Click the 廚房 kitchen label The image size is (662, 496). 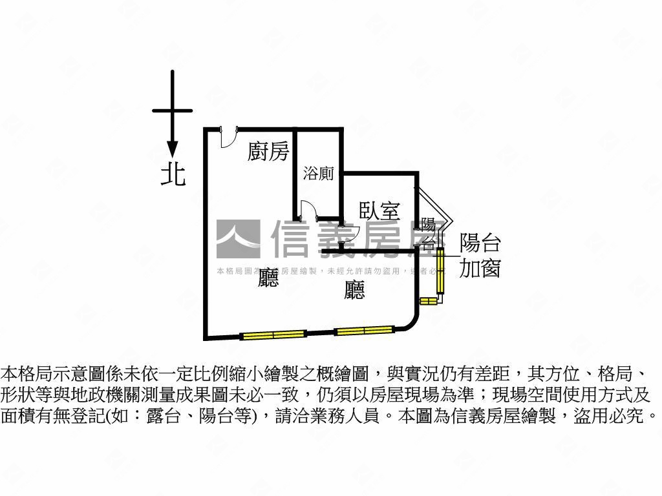click(x=268, y=152)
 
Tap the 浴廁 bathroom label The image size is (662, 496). click(x=319, y=173)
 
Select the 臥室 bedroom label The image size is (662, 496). click(x=379, y=211)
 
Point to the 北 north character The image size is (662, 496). click(x=173, y=174)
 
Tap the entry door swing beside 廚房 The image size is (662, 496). click(x=228, y=138)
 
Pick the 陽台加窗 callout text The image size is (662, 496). click(x=480, y=256)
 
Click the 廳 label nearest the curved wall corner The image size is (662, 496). click(x=354, y=290)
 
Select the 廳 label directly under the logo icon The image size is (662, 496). click(x=268, y=278)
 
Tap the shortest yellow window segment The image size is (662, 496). click(x=429, y=300)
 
